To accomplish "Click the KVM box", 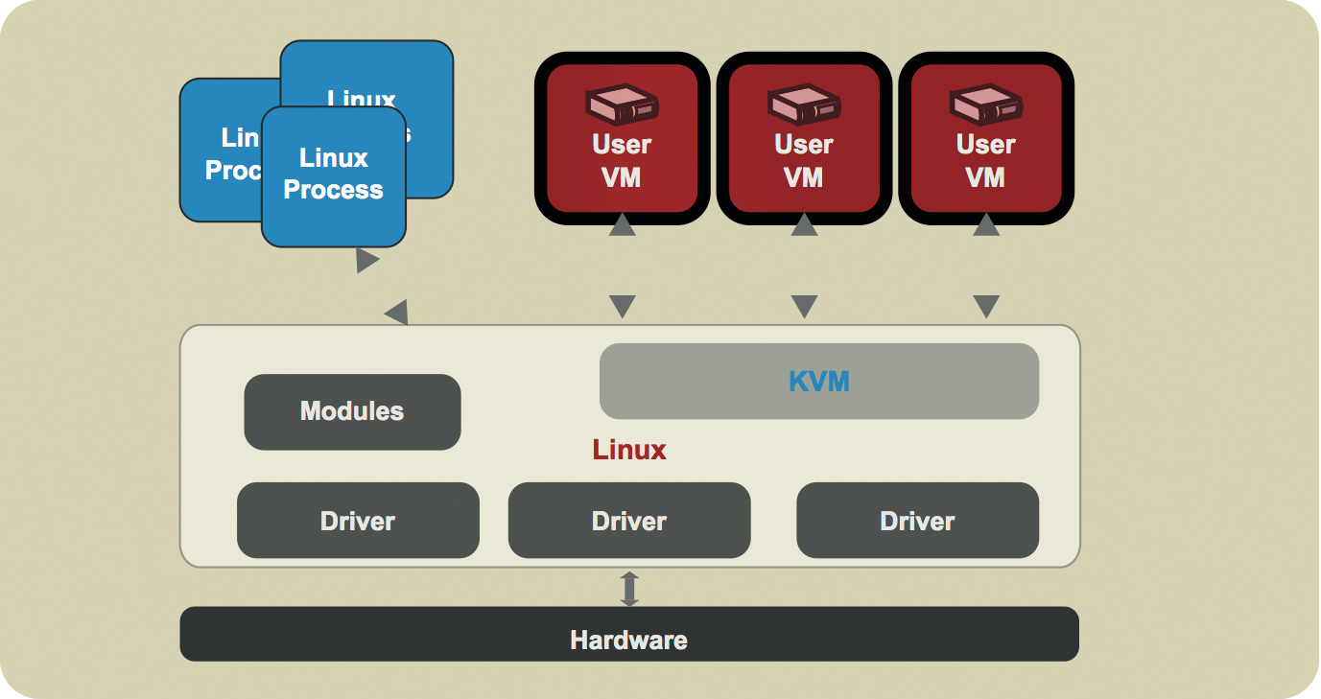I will [x=819, y=382].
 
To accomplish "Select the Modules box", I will [x=352, y=412].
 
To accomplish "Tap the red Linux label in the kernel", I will [x=629, y=450].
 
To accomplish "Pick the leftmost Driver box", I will [x=358, y=521].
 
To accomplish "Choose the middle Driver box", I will [x=629, y=521].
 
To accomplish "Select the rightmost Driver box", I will [x=917, y=521].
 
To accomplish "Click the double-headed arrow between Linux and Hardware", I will [x=629, y=588].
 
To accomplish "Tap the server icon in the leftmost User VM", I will [x=622, y=105].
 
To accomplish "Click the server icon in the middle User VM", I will [x=804, y=105].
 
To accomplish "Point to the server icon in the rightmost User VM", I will [x=985, y=105].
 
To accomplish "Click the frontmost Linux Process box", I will [x=333, y=175].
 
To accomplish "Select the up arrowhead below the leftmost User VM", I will [x=623, y=225].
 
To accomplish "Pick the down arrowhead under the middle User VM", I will [x=804, y=307].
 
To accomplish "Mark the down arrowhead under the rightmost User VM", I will [x=985, y=307].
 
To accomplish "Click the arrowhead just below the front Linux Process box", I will [x=366, y=260].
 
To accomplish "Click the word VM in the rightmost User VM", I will [x=985, y=177].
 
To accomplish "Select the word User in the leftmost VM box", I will [x=622, y=145].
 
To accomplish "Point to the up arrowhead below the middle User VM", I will [x=804, y=225].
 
